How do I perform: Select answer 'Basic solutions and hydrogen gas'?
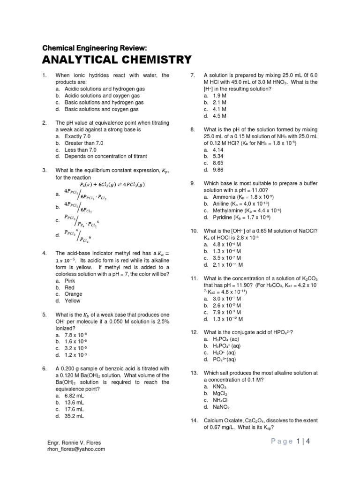(101, 102)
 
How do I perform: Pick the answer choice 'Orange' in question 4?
(73, 294)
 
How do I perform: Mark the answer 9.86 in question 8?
(219, 170)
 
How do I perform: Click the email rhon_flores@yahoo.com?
(77, 449)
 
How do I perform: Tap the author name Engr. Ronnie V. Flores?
(75, 442)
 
